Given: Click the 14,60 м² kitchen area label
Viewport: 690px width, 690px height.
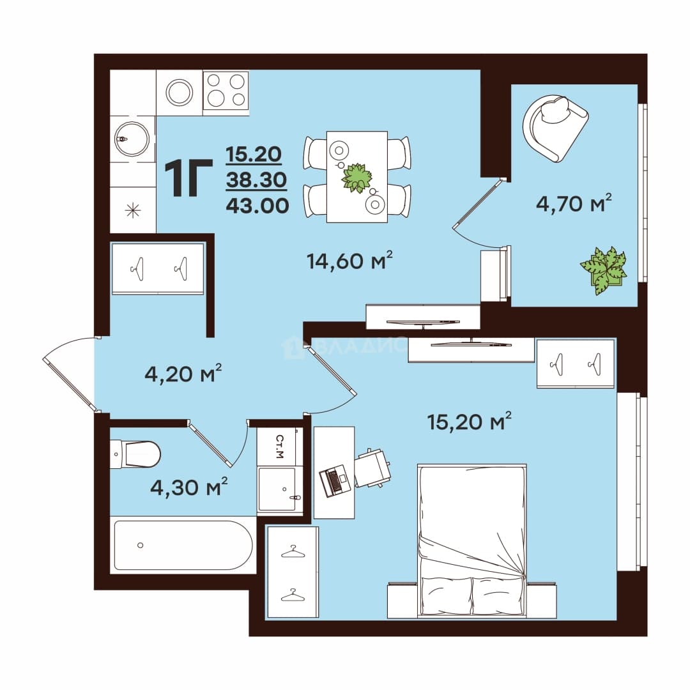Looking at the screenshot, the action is pos(349,261).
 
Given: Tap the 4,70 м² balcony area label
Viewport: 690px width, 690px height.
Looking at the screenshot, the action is pos(574,203).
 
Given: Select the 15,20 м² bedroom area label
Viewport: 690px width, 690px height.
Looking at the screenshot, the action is pos(469,422).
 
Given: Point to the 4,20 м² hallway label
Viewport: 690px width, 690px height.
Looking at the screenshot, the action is pos(183,374).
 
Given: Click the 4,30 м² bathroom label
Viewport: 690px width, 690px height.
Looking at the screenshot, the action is pos(188,487).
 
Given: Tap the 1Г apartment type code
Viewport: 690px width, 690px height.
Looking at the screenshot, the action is pos(188,178).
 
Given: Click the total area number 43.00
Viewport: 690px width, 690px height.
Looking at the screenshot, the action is pos(257,206).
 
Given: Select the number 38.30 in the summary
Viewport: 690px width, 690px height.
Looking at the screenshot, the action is pos(256,180).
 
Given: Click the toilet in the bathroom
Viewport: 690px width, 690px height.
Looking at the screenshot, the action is pos(135,454).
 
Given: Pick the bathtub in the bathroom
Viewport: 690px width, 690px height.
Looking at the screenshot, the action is pos(183,546).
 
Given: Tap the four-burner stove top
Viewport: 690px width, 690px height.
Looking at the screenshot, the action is pos(226,93).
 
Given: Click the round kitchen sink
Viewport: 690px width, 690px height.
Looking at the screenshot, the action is pos(132,139).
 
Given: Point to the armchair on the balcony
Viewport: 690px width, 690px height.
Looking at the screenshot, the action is pos(555,128).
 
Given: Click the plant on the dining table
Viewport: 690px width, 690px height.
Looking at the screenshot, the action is pos(357,178).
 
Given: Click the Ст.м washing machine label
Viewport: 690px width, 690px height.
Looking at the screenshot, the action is pos(279,446).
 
